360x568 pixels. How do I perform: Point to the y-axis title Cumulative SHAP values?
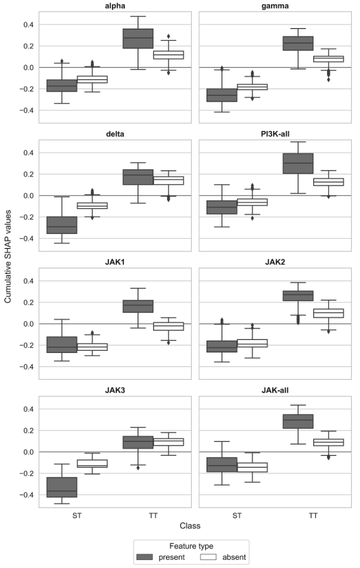(x=8, y=258)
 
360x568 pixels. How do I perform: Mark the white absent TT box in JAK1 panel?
(x=168, y=326)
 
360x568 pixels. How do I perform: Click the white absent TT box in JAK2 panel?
(x=328, y=313)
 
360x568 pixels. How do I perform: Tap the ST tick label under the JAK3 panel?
(x=77, y=515)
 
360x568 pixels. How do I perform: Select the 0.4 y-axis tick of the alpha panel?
(x=29, y=25)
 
